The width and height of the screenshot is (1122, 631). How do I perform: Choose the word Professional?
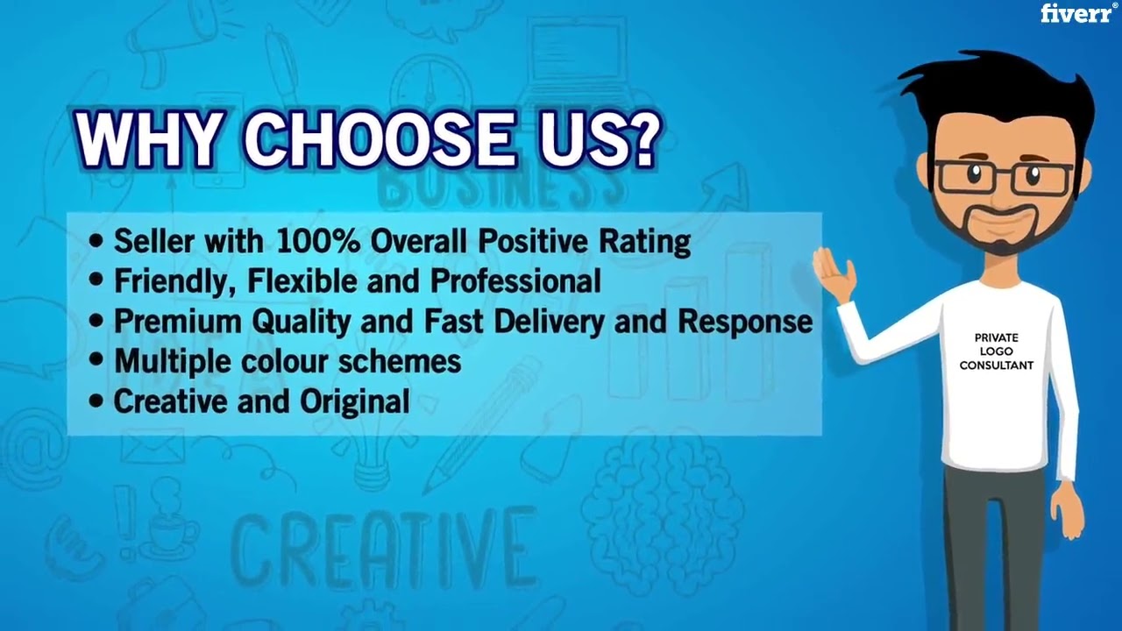click(x=515, y=281)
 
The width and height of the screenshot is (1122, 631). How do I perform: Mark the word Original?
click(x=355, y=401)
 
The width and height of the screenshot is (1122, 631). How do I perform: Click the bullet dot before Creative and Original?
click(x=96, y=401)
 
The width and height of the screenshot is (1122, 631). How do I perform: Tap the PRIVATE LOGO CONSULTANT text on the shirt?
click(x=996, y=351)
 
